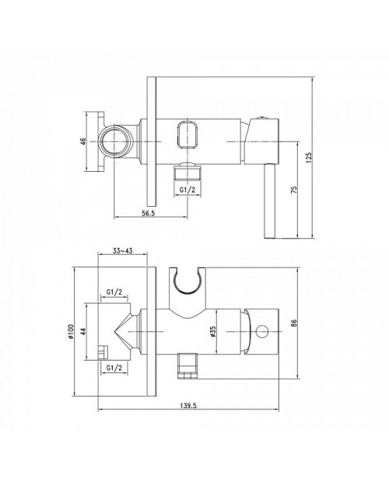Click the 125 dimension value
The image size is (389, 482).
tap(309, 157)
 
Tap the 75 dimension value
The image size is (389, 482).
tap(294, 190)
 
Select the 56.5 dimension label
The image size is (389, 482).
tap(149, 213)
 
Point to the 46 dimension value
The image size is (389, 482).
tap(82, 141)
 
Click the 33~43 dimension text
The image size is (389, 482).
tap(122, 251)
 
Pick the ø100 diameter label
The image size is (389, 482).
tap(71, 331)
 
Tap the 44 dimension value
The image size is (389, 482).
tap(82, 331)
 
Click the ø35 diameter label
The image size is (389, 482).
tap(213, 332)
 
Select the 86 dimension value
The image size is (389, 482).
tap(294, 323)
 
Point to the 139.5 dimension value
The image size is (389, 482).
tap(188, 406)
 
